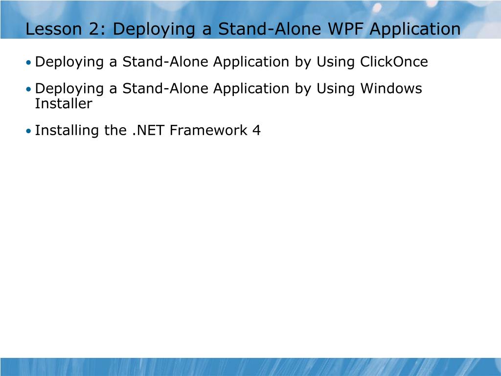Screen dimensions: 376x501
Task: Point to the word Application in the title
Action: pos(415,30)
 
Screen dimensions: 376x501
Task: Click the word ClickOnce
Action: pos(394,62)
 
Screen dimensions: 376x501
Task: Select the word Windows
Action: pos(391,89)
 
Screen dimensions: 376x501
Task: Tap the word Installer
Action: pos(64,103)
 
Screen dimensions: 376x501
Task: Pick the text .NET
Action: pos(148,130)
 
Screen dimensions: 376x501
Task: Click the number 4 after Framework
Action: pos(257,130)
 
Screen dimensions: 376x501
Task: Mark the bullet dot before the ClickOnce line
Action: pos(29,63)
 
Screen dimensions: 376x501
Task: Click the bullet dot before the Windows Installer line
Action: pos(29,89)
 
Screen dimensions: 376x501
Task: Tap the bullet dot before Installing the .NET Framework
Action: pos(29,131)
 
